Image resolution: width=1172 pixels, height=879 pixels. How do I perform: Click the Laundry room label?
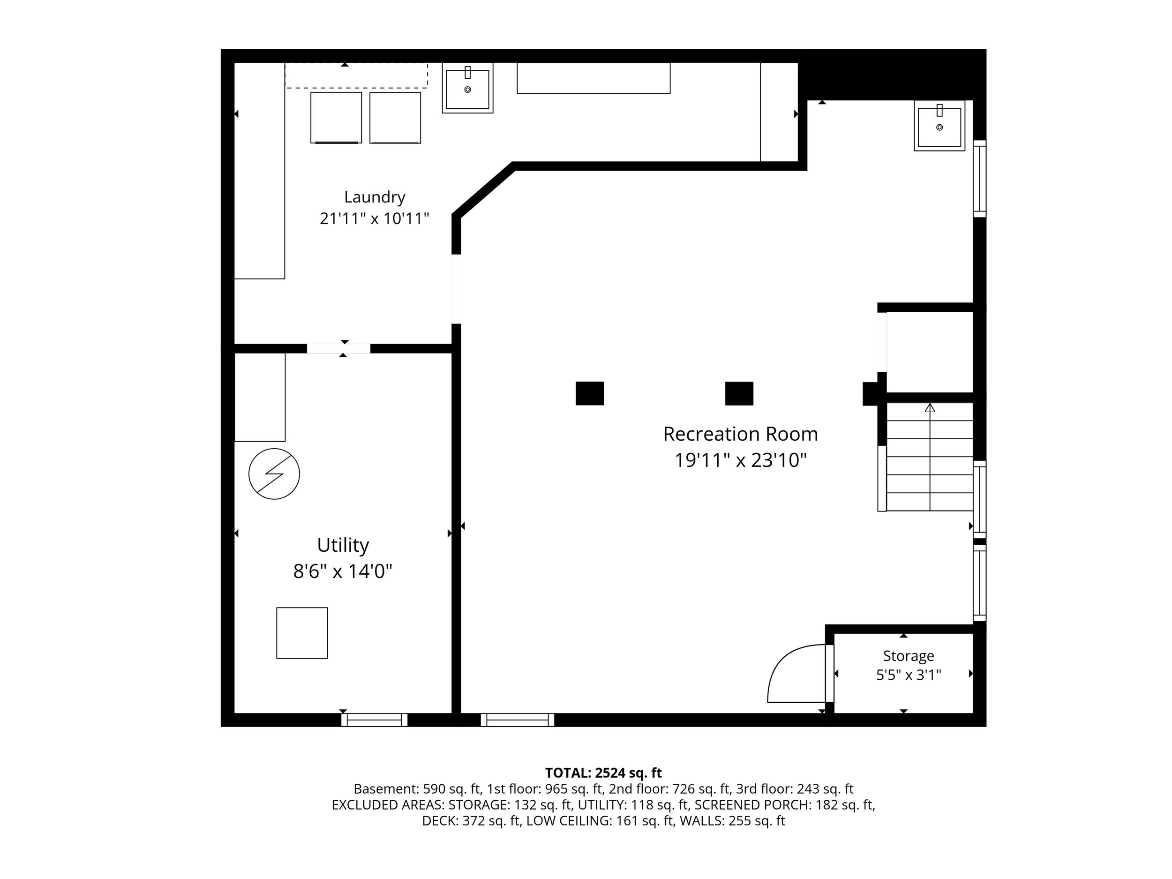(x=375, y=197)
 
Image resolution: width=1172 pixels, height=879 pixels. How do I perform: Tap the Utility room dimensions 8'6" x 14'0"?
(x=343, y=571)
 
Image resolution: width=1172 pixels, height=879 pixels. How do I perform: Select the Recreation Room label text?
(x=740, y=434)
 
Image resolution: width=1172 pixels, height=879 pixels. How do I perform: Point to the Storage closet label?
(x=908, y=656)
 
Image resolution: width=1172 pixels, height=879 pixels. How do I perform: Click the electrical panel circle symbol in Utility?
(x=274, y=474)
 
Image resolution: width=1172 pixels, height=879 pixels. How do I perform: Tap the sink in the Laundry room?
(x=468, y=88)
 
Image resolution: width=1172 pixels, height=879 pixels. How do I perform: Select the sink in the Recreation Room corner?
(x=939, y=126)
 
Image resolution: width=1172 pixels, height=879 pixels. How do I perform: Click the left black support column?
(x=590, y=394)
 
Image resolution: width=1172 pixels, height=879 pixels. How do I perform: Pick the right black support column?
(x=739, y=394)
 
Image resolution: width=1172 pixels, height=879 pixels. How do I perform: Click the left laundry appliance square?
(x=336, y=118)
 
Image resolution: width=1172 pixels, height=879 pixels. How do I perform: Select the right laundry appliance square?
(x=395, y=118)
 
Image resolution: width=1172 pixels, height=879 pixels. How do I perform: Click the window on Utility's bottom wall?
(x=375, y=720)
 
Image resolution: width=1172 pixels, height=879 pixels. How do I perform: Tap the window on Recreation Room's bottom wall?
(x=518, y=720)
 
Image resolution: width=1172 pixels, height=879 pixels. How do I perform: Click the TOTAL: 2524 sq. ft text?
(x=603, y=773)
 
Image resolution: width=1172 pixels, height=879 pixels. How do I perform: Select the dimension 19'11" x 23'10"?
(x=740, y=460)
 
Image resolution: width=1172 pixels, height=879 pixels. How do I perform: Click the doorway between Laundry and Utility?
(x=338, y=349)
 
